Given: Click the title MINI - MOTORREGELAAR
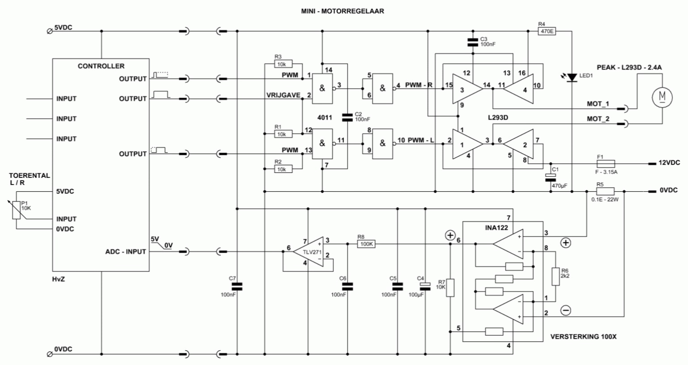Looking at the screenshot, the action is point(343,11).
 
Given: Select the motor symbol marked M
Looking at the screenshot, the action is point(662,97).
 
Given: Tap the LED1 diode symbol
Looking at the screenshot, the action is point(572,77).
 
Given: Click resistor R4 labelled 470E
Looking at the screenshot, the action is point(547,31).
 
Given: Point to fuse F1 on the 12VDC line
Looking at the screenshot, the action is point(606,163).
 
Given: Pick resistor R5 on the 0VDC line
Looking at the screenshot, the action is point(605,192).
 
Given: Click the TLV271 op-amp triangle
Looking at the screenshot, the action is point(308,252).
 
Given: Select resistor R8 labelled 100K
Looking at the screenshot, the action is point(366,244).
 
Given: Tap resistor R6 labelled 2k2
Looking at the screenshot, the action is point(555,276).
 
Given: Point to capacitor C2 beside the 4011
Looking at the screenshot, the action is point(348,117).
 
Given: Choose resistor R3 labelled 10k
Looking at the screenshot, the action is point(283,64).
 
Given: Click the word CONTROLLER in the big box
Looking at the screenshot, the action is point(101,66).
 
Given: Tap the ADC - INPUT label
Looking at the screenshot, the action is point(126,252).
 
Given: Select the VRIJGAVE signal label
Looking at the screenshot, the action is point(283,95).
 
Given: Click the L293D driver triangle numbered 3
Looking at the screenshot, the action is point(467,89).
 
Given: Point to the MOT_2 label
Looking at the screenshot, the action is point(598,119).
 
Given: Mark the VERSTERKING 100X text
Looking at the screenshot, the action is point(583,337).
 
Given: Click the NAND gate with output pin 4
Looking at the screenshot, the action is point(382,89).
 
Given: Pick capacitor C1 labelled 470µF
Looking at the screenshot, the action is point(550,177).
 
